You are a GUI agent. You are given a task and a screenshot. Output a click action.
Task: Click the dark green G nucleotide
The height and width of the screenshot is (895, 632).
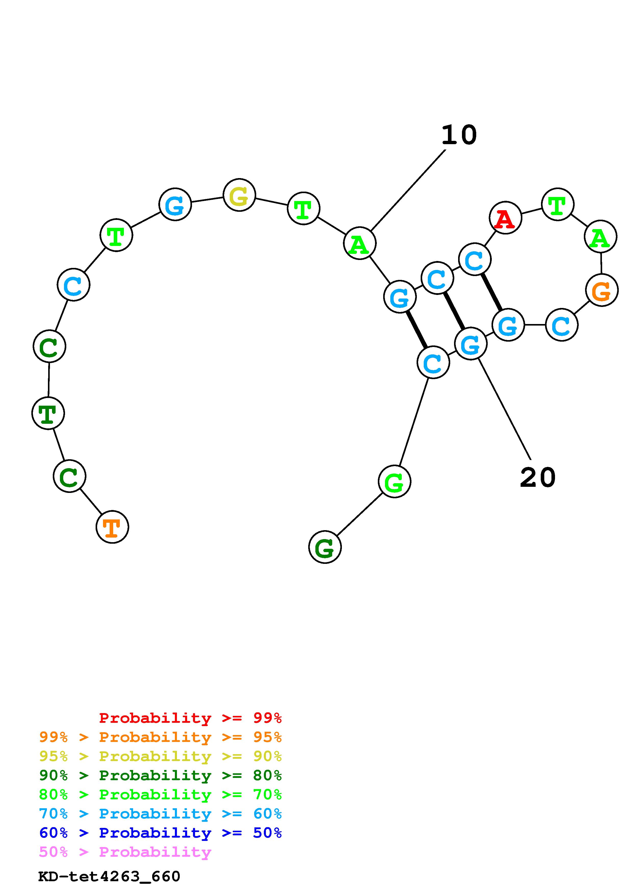(325, 547)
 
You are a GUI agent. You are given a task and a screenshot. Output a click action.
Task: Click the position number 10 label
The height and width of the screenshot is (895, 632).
(459, 135)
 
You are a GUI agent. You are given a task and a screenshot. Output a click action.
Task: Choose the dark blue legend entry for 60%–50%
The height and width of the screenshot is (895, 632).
(160, 833)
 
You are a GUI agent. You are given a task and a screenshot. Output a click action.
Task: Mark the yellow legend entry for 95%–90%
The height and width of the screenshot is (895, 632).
(160, 756)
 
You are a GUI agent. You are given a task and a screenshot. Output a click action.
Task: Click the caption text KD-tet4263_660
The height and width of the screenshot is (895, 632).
(109, 876)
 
